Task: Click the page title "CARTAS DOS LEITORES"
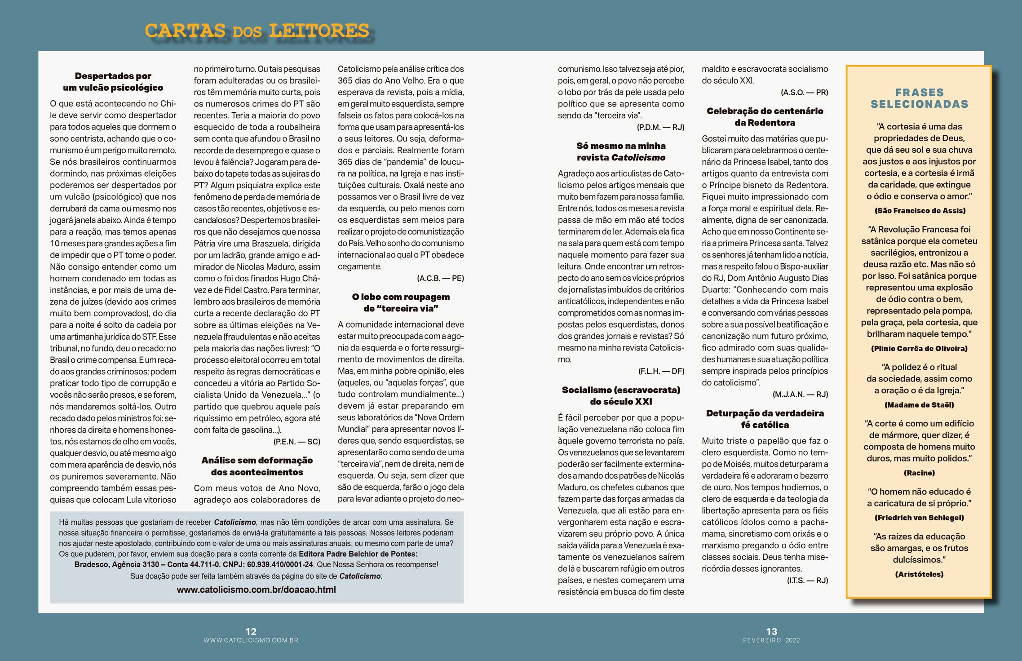(x=257, y=31)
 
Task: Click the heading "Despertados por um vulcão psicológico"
(x=113, y=82)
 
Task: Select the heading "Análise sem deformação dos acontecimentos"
(x=257, y=466)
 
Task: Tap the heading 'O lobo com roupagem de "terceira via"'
(x=401, y=302)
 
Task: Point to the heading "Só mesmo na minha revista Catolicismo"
(x=621, y=151)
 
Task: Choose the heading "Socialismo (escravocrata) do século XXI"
(x=621, y=395)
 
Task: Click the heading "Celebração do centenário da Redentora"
(x=765, y=117)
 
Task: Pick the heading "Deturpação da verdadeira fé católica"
(x=765, y=419)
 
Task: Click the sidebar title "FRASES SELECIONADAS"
(x=919, y=98)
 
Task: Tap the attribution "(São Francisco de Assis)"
(x=919, y=210)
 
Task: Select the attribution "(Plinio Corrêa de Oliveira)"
(x=919, y=348)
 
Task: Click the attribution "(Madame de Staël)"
(x=919, y=405)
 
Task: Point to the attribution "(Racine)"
(x=919, y=473)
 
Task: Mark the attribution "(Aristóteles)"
(x=919, y=574)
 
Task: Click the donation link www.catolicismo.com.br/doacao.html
(x=256, y=590)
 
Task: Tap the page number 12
(x=251, y=631)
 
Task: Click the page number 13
(x=771, y=631)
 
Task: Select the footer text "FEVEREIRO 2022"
(x=771, y=640)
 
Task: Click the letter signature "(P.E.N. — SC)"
(x=296, y=442)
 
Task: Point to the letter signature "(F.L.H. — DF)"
(x=661, y=371)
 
